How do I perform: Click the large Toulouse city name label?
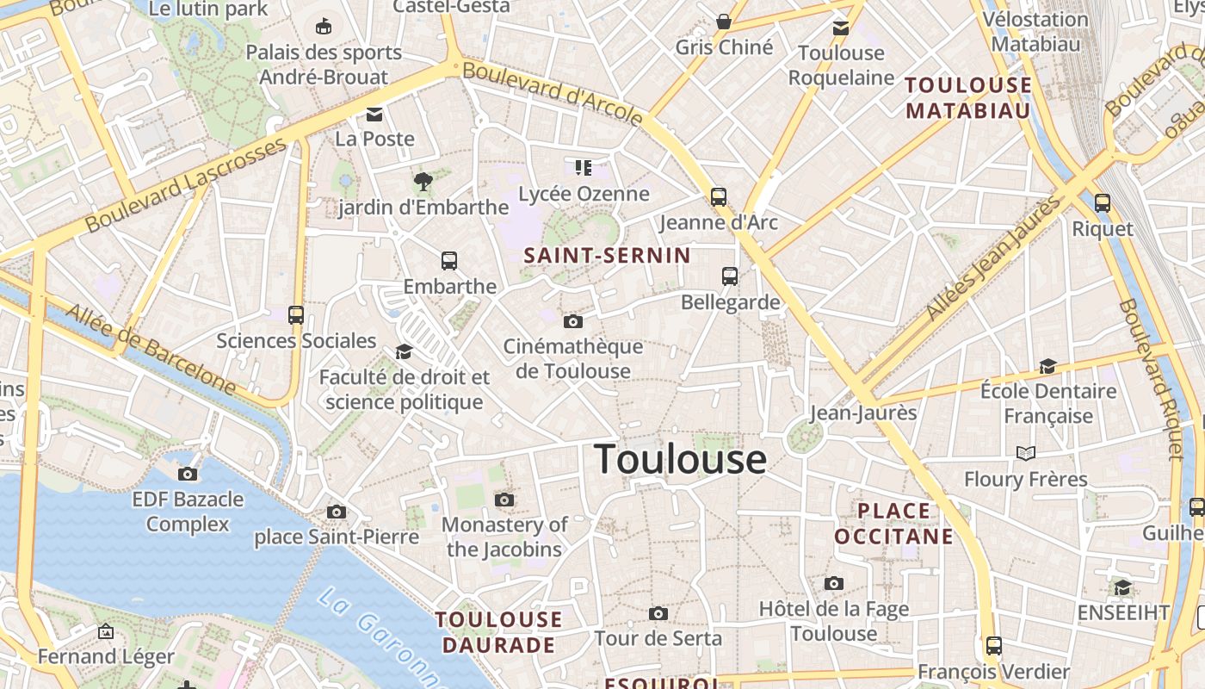pos(680,459)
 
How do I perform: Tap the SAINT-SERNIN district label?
pos(607,255)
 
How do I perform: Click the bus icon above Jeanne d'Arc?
pos(719,196)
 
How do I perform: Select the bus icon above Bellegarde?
pos(730,276)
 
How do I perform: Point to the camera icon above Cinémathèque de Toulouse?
pos(572,322)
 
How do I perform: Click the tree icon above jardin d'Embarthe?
pos(423,181)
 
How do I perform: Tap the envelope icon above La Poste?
pos(374,114)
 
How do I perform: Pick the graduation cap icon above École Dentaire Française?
pos(1047,367)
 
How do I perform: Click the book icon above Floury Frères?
pos(1025,453)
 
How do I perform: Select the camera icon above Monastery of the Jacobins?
pos(504,500)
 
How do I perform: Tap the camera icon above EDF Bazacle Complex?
pos(188,474)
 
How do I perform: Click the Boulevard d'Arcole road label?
pos(553,92)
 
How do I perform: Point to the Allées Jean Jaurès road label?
pos(994,258)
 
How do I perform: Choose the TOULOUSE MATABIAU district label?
pos(968,97)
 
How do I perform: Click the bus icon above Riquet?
pos(1103,203)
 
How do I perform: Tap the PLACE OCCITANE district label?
pos(894,524)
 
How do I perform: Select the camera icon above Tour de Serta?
pos(658,613)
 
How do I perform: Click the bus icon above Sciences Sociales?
pos(296,315)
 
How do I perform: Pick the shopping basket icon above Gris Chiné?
pos(724,22)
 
